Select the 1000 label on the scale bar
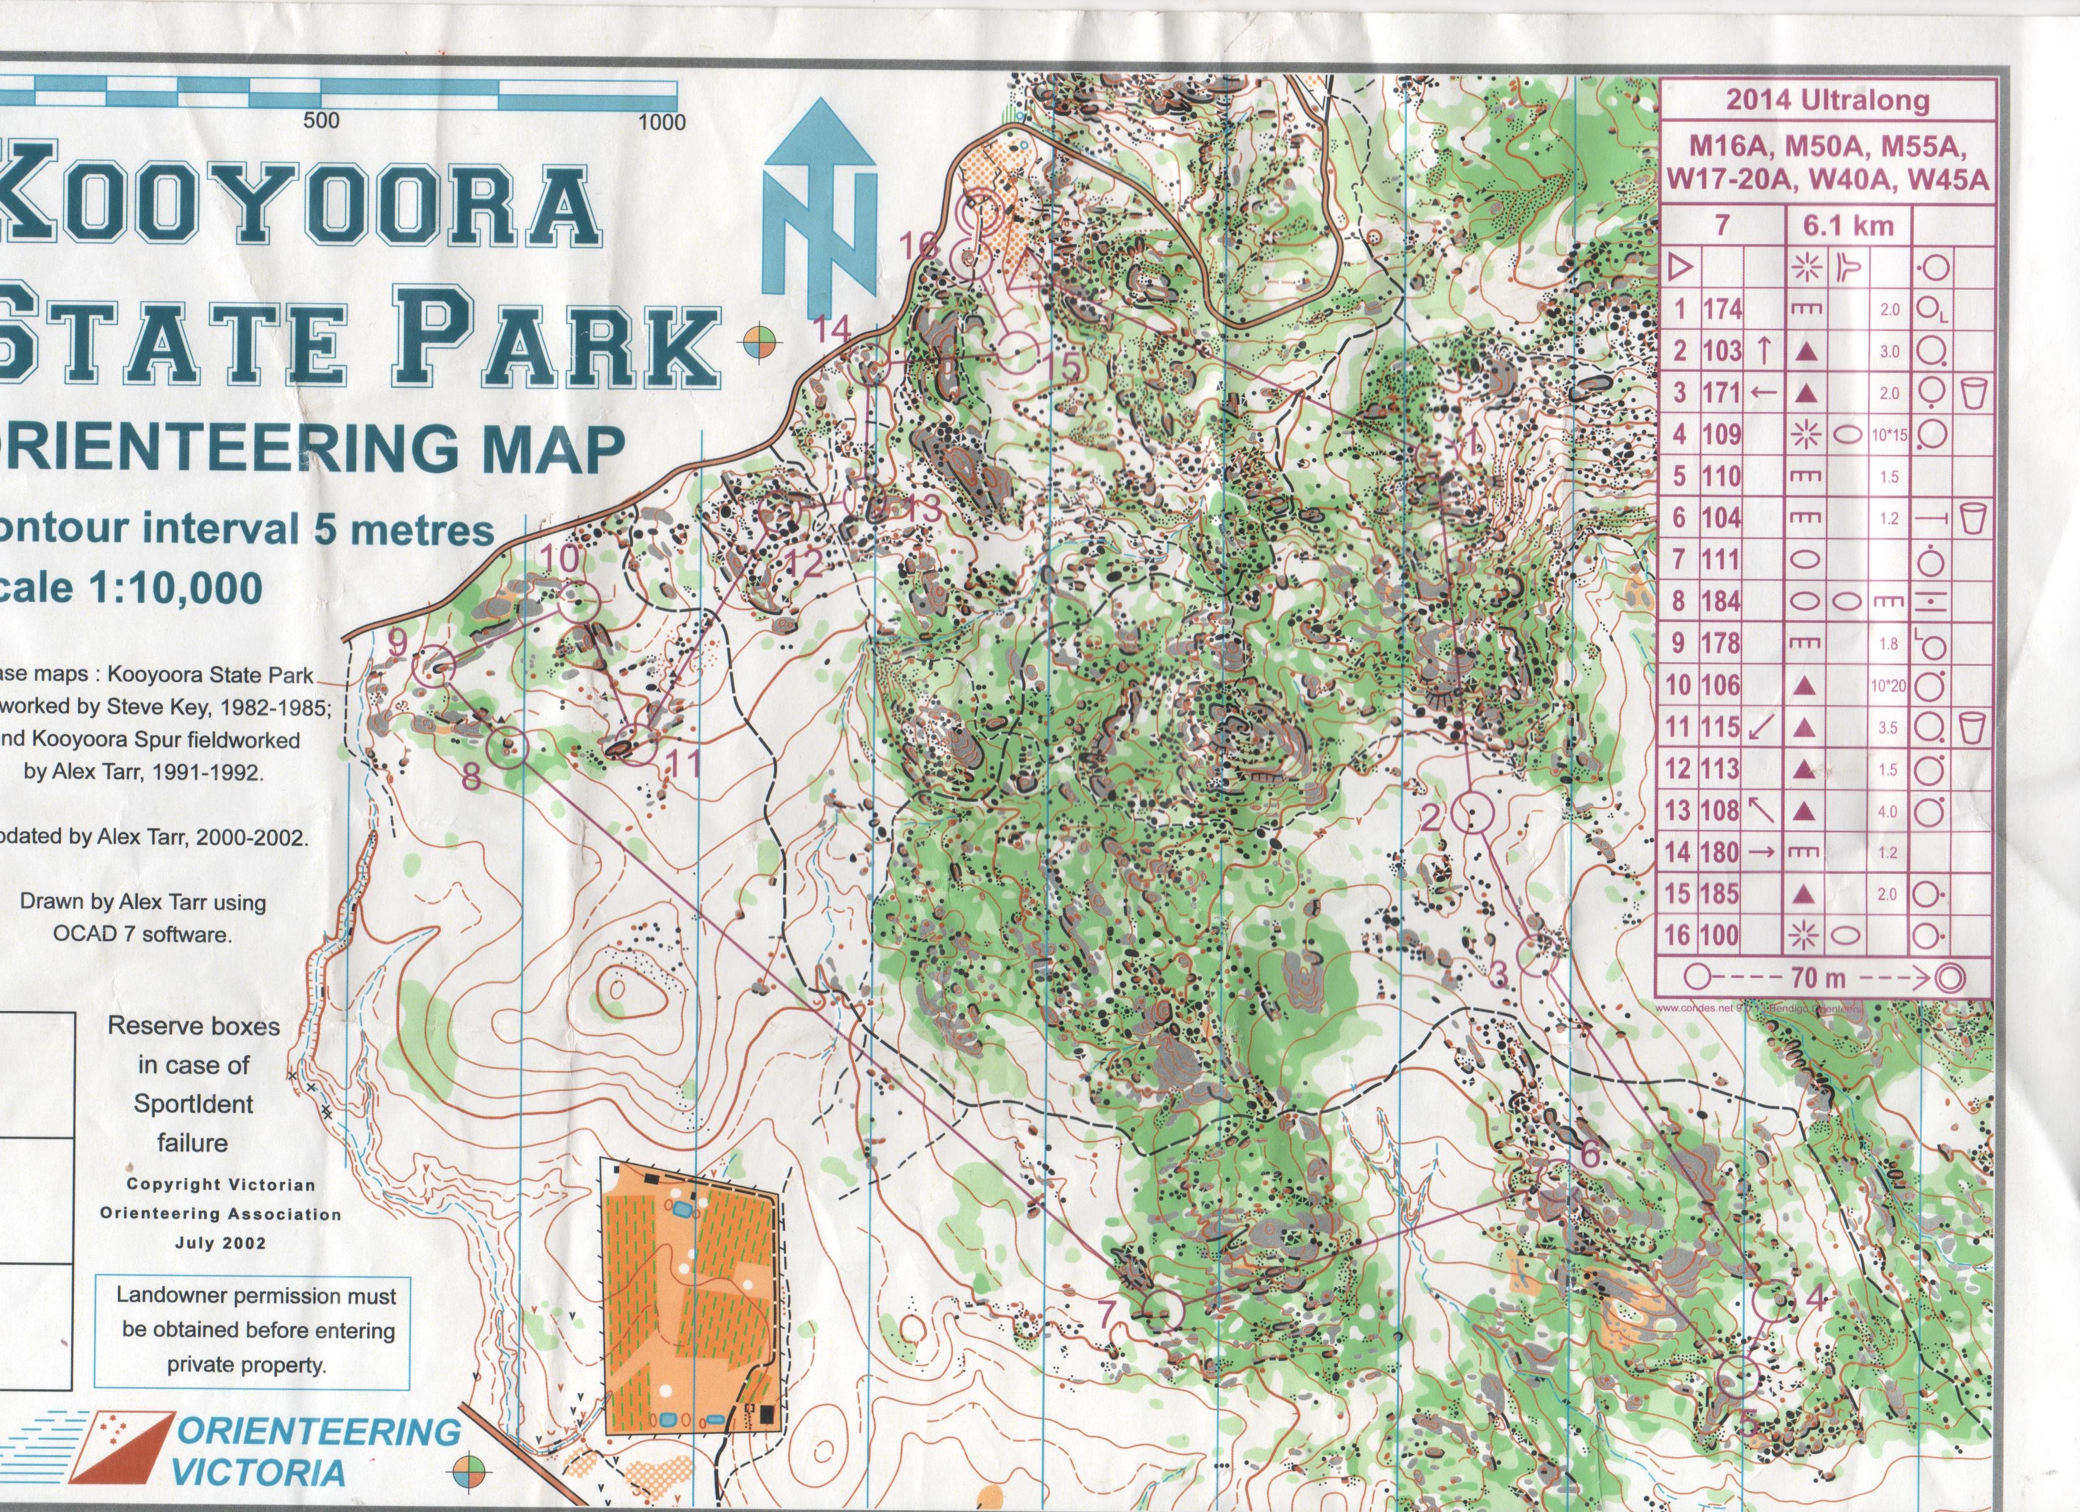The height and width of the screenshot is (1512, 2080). [662, 123]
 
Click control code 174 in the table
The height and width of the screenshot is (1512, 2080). [1721, 309]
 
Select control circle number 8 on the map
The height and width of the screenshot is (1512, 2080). [509, 747]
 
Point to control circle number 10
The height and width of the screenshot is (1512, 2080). [578, 602]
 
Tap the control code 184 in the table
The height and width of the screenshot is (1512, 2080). [1721, 602]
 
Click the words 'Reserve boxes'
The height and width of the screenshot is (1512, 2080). [194, 1026]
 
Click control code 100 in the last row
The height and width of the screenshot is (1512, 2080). [1721, 936]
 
